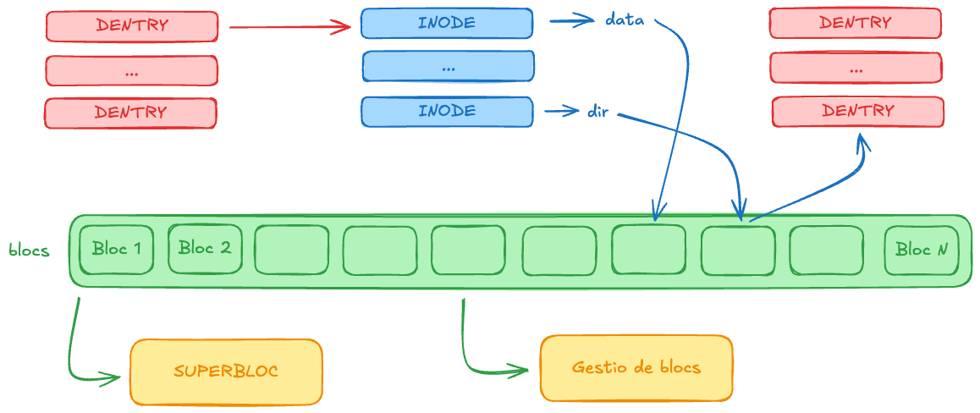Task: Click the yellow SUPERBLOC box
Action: [x=226, y=372]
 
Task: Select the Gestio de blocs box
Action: [x=636, y=367]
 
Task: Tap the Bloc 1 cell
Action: [x=117, y=250]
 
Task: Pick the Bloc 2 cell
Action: [x=205, y=249]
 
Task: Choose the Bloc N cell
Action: [x=922, y=250]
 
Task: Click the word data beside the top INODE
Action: [x=625, y=19]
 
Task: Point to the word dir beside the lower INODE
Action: [x=597, y=111]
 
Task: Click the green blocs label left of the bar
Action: [x=29, y=251]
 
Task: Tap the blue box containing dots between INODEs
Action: [x=448, y=66]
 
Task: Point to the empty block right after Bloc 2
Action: [x=291, y=250]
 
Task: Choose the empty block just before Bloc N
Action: [x=826, y=250]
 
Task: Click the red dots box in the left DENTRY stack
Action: [x=131, y=71]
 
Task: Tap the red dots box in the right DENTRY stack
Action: [x=856, y=68]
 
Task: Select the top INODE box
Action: [x=447, y=24]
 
